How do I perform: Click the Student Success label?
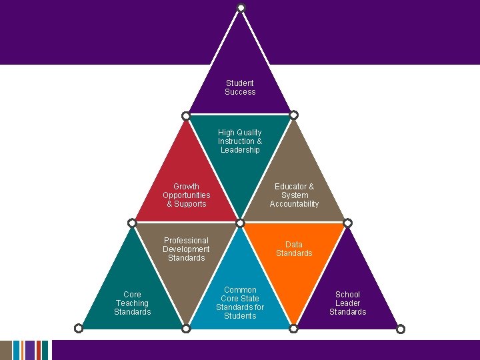240,87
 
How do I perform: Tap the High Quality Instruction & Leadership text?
240,141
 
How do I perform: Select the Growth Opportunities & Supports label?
186,195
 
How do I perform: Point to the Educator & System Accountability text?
294,195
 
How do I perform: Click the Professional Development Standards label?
186,249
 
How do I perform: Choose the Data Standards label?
294,249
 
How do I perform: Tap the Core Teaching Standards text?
132,303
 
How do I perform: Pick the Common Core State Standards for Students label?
240,303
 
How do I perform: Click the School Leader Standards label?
347,303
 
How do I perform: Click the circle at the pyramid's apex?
241,7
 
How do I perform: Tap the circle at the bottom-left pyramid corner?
79,328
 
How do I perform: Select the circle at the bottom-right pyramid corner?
401,328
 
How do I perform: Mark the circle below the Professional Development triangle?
186,328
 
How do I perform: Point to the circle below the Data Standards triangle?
293,328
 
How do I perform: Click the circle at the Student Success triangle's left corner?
187,115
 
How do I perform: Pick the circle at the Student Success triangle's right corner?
293,115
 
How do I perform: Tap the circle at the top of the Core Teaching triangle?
132,223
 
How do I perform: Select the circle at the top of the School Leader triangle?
347,223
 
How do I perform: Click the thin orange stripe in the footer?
23,350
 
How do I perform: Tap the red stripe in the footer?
39,350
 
